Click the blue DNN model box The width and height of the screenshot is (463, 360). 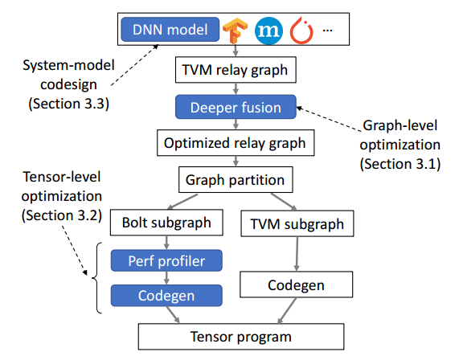tap(170, 29)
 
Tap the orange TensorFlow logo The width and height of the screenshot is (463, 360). tap(235, 31)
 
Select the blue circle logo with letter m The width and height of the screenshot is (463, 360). tap(268, 31)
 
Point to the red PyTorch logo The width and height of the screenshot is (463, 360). tap(301, 31)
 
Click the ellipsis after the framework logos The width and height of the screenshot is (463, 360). tap(327, 30)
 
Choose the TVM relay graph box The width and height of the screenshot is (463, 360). tap(236, 70)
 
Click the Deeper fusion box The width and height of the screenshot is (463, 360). tap(236, 107)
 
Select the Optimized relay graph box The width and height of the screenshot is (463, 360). tap(236, 143)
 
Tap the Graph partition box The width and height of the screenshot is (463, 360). tap(236, 180)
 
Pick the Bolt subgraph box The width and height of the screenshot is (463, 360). tap(166, 223)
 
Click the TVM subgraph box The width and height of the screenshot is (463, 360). tap(297, 223)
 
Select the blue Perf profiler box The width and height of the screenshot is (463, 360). tap(166, 260)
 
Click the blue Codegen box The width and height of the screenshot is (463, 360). tap(166, 296)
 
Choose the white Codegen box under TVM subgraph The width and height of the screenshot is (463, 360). tap(296, 284)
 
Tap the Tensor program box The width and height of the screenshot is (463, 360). tap(241, 337)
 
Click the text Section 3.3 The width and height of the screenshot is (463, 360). tap(69, 104)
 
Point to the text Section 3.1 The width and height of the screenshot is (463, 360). tap(400, 164)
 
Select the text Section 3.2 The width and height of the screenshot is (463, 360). tap(62, 215)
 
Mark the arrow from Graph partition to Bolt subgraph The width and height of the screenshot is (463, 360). tap(182, 202)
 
